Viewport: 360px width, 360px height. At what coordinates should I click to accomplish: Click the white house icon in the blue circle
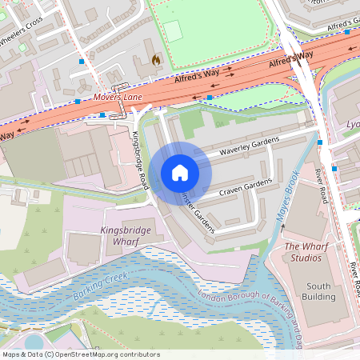click(x=180, y=173)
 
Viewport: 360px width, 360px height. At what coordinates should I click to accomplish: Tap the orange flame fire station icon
click(x=156, y=59)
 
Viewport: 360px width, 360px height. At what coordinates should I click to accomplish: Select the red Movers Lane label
click(x=118, y=98)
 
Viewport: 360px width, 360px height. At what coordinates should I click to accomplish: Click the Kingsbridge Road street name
click(x=141, y=160)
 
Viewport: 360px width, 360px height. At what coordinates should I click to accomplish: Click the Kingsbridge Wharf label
click(x=126, y=235)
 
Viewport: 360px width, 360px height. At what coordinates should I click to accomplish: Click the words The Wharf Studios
click(x=306, y=252)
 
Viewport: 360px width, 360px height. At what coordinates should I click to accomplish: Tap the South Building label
click(x=318, y=291)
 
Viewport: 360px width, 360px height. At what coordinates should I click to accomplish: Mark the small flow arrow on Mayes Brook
click(x=282, y=228)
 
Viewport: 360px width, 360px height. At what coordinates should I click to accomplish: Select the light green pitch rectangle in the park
click(x=174, y=31)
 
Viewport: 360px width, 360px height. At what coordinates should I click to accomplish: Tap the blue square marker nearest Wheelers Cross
click(x=81, y=61)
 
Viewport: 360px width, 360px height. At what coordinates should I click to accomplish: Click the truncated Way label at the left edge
click(x=6, y=135)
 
